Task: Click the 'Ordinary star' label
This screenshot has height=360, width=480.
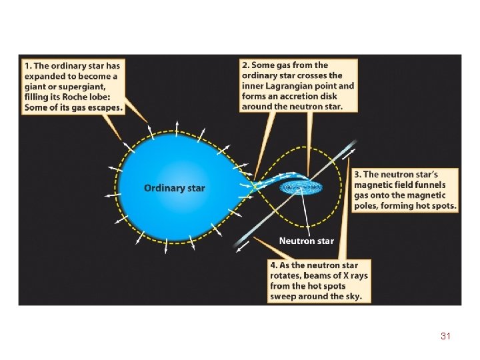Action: coord(174,188)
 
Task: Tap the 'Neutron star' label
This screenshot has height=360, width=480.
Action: coord(307,241)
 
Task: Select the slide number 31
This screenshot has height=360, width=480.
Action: coord(445,337)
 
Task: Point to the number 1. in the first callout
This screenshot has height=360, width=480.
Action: coord(27,65)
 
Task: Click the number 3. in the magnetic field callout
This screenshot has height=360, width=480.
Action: coord(358,173)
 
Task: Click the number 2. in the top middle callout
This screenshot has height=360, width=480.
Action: coord(245,65)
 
